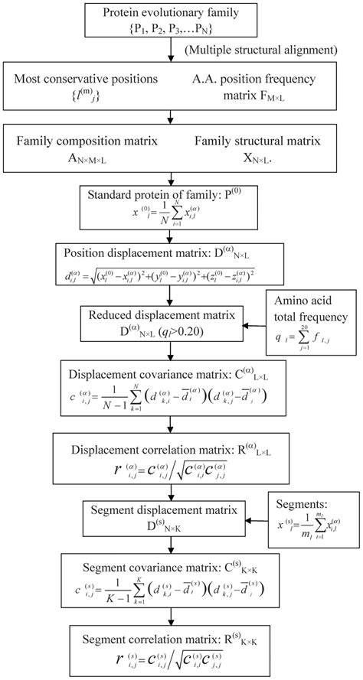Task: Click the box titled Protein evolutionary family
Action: coord(169,20)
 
